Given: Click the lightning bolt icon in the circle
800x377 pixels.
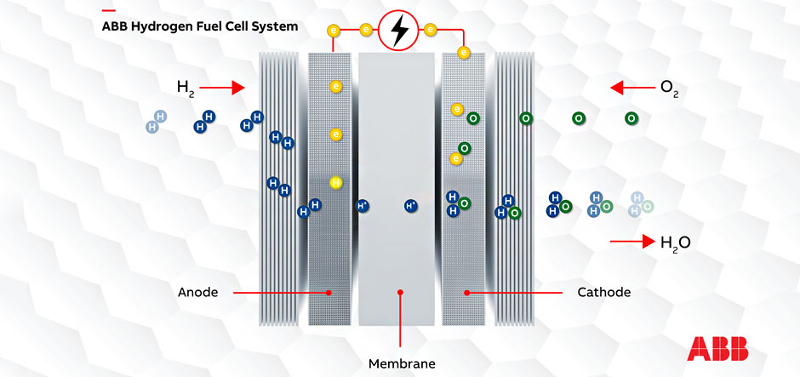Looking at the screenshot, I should pyautogui.click(x=397, y=31).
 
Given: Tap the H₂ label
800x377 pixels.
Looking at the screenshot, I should pyautogui.click(x=186, y=87).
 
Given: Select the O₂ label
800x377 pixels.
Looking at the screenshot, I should pyautogui.click(x=669, y=87).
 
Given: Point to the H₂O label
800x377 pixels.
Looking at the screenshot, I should pyautogui.click(x=675, y=243).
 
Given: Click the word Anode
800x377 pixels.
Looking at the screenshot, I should pyautogui.click(x=197, y=292).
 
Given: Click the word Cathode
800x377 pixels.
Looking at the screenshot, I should pyautogui.click(x=603, y=292).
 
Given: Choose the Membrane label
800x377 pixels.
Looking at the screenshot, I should pyautogui.click(x=402, y=363).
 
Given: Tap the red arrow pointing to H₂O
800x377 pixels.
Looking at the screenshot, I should pyautogui.click(x=631, y=243).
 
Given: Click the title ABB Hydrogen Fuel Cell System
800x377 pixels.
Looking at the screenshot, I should pyautogui.click(x=200, y=26).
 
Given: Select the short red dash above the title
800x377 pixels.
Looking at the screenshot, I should pyautogui.click(x=108, y=10).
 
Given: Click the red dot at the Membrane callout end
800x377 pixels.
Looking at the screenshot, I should pyautogui.click(x=399, y=292).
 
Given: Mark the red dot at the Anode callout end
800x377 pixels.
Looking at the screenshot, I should pyautogui.click(x=330, y=292).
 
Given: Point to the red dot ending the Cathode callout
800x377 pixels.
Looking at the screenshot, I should pyautogui.click(x=467, y=292).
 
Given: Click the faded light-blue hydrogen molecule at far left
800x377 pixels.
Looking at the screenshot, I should pyautogui.click(x=156, y=122).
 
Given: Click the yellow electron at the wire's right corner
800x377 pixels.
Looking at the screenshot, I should pyautogui.click(x=464, y=53).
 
